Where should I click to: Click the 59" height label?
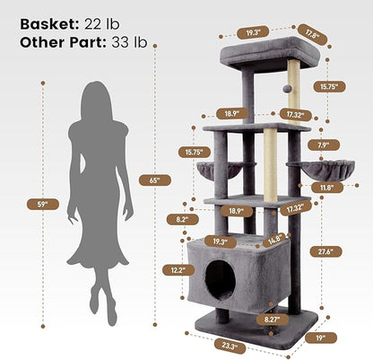pos(42,203)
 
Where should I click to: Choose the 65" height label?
pos(155,180)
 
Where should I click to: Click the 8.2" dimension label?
pos(181,218)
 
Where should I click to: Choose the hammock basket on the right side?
pos(311,169)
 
